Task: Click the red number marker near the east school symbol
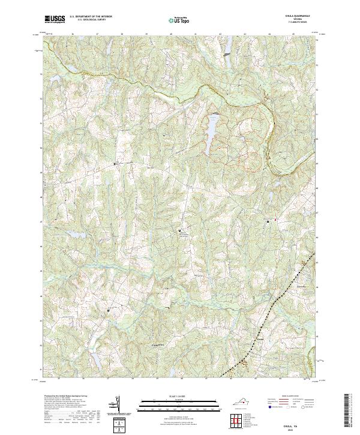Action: pos(275,220)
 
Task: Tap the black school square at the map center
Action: pos(179,229)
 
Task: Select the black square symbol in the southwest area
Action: pos(109,310)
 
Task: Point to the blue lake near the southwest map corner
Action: pos(95,358)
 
